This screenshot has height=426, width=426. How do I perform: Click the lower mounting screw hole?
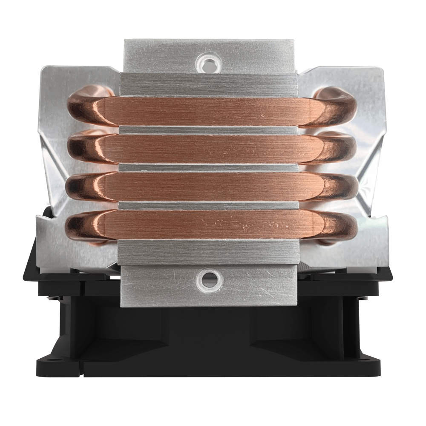(209, 279)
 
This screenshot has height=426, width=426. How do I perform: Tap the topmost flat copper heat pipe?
(209, 112)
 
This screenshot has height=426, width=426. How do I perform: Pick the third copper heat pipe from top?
(209, 187)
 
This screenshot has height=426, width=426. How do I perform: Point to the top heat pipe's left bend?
(83, 109)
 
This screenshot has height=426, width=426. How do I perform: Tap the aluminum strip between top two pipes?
(209, 130)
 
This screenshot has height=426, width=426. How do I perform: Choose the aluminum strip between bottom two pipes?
(209, 205)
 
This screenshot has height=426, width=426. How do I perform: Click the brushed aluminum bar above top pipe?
(209, 85)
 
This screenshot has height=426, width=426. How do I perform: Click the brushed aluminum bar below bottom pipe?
(209, 251)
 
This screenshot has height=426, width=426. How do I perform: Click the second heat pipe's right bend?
(341, 147)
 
